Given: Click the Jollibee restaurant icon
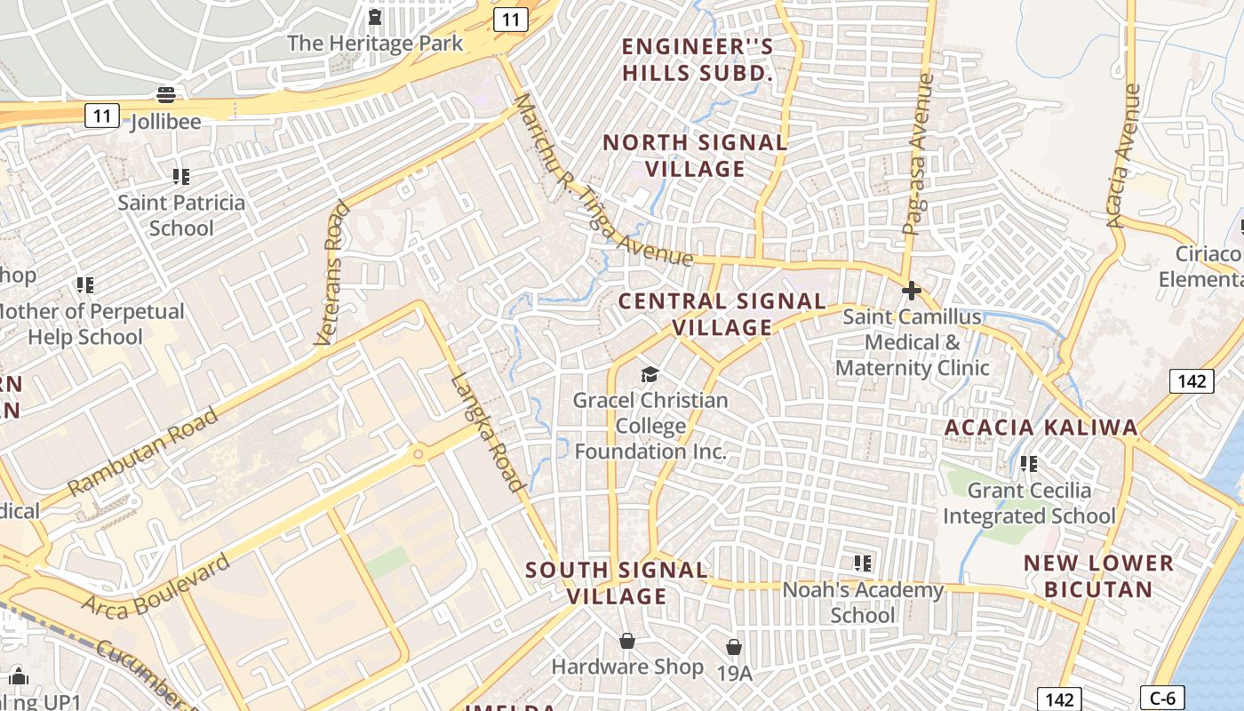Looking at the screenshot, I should click(x=166, y=94).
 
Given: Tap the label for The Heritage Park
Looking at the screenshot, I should click(x=375, y=43).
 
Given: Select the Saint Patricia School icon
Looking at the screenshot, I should click(x=181, y=176).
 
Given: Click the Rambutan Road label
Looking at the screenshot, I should click(x=143, y=451).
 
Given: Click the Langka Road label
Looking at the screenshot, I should click(x=487, y=432).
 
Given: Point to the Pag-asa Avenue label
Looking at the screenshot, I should click(x=919, y=156).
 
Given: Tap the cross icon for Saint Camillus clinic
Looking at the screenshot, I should click(x=911, y=291).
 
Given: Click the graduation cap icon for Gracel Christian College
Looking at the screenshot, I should click(x=650, y=374).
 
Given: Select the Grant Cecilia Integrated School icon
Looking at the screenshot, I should click(x=1029, y=463).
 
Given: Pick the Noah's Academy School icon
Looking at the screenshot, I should click(x=862, y=563).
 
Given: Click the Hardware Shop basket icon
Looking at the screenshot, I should click(x=627, y=641).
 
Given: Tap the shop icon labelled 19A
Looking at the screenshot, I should click(x=734, y=647).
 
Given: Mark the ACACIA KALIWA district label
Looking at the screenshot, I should click(x=1041, y=427).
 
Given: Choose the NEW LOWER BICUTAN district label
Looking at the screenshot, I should click(x=1098, y=575).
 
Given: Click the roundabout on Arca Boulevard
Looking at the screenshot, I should click(x=418, y=454).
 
